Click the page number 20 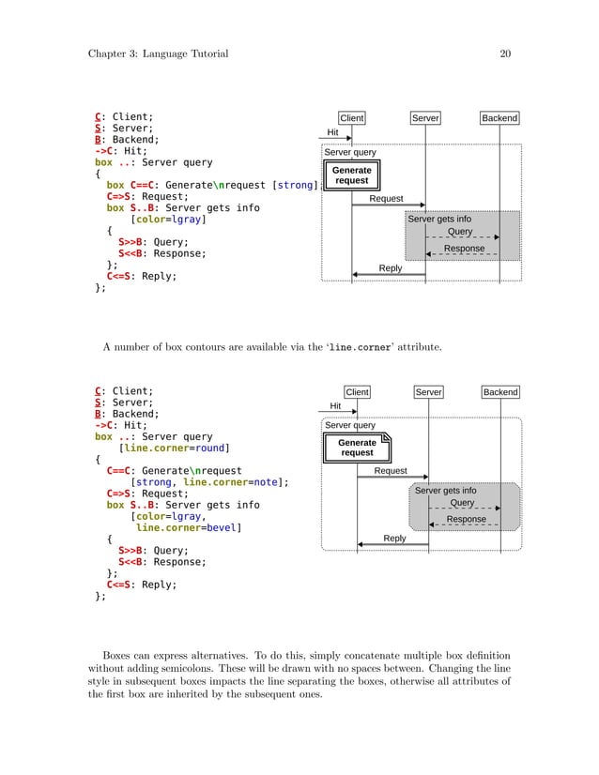tap(504, 54)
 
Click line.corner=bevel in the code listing tap(187, 528)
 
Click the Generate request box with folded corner tap(358, 447)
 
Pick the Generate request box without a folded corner tap(352, 175)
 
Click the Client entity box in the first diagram tap(352, 118)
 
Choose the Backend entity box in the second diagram tap(501, 392)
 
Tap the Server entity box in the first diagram tap(425, 118)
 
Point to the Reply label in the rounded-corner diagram tap(394, 538)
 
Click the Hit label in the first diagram tap(332, 132)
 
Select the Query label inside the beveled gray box tap(462, 503)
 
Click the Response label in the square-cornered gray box tap(464, 249)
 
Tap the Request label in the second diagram tap(391, 470)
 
